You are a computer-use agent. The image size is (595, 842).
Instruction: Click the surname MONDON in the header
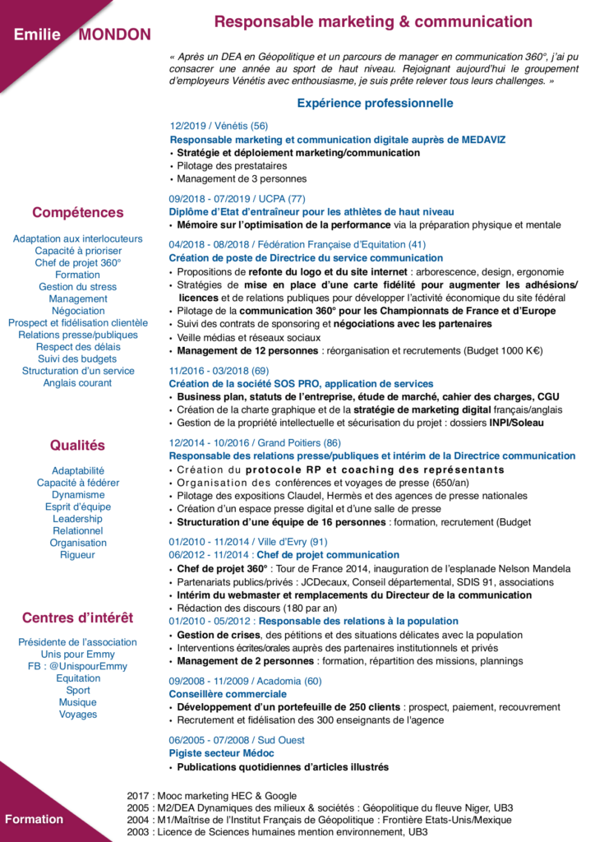pyautogui.click(x=114, y=35)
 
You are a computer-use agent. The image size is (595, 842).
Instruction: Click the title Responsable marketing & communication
pyautogui.click(x=373, y=22)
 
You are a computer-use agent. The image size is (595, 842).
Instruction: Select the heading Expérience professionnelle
pyautogui.click(x=375, y=104)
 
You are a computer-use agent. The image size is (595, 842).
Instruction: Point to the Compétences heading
pyautogui.click(x=78, y=212)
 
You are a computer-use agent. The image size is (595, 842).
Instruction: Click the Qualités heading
pyautogui.click(x=78, y=446)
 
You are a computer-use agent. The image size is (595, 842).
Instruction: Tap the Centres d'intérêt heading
pyautogui.click(x=78, y=618)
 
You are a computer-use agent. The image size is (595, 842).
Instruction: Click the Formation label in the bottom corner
pyautogui.click(x=34, y=819)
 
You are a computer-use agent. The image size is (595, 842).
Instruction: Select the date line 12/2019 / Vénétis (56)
pyautogui.click(x=219, y=126)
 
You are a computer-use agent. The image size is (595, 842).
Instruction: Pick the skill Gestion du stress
pyautogui.click(x=78, y=287)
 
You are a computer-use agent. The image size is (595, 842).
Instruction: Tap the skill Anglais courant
pyautogui.click(x=78, y=382)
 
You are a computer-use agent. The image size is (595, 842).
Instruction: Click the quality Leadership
pyautogui.click(x=78, y=519)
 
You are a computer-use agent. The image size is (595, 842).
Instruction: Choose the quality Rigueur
pyautogui.click(x=78, y=555)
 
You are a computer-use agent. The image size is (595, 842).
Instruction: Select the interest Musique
pyautogui.click(x=78, y=702)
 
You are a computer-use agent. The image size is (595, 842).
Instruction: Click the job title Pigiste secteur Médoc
pyautogui.click(x=221, y=753)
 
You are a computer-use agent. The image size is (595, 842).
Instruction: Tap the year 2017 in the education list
pyautogui.click(x=139, y=796)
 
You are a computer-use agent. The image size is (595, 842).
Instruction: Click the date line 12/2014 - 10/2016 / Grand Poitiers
pyautogui.click(x=255, y=443)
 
